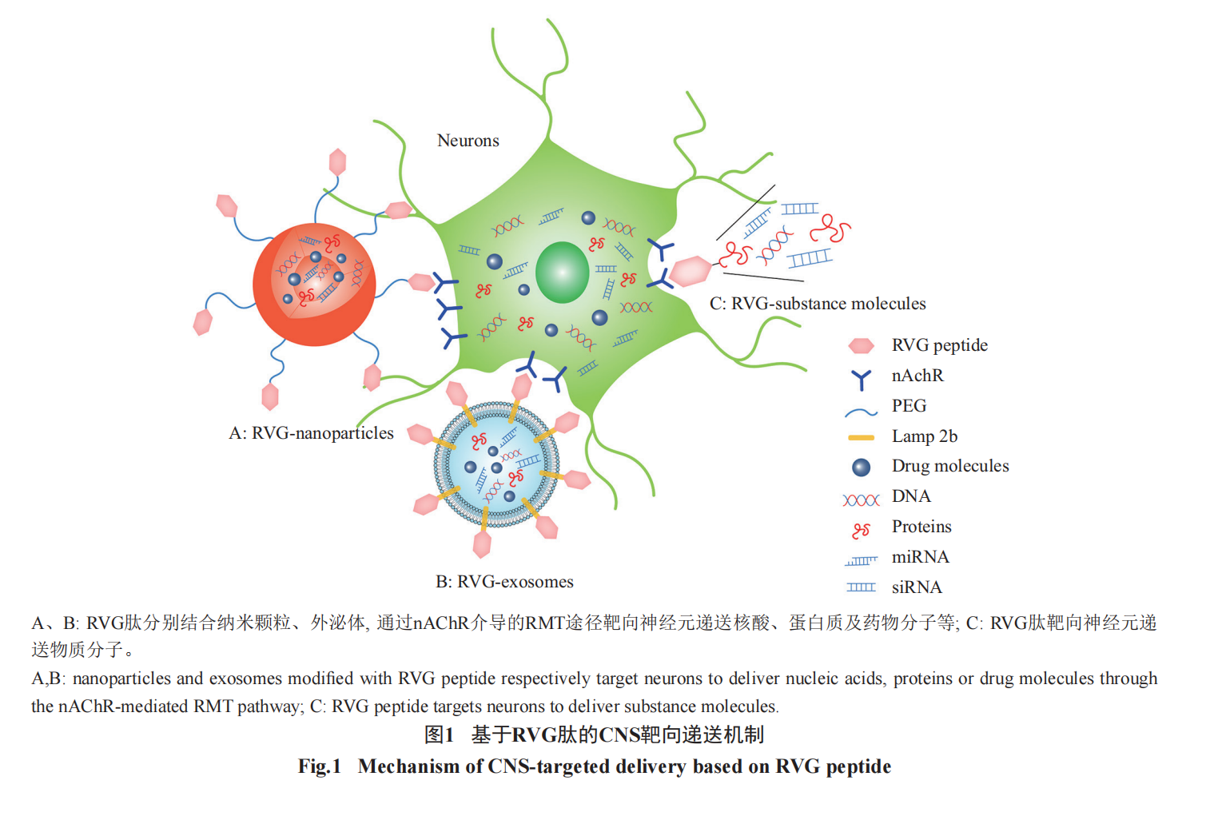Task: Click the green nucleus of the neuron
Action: click(x=562, y=272)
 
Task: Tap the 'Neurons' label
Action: click(x=468, y=141)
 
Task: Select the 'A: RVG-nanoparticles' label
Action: click(x=311, y=433)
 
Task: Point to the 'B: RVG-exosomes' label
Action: click(x=504, y=582)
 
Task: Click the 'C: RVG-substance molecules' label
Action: click(x=817, y=304)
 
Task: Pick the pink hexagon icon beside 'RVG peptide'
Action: click(x=861, y=345)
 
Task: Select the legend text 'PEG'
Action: click(x=909, y=406)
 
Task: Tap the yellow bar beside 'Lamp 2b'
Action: click(x=861, y=437)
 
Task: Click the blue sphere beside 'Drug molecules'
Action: click(x=861, y=467)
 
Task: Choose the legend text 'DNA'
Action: click(x=911, y=496)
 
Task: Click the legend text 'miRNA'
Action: click(x=920, y=557)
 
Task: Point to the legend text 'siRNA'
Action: click(x=917, y=587)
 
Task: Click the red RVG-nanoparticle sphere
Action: click(x=314, y=284)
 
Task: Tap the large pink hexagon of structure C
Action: click(x=690, y=271)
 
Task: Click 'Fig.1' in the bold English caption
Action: click(x=320, y=766)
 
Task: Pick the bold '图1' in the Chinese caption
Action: click(x=439, y=734)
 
